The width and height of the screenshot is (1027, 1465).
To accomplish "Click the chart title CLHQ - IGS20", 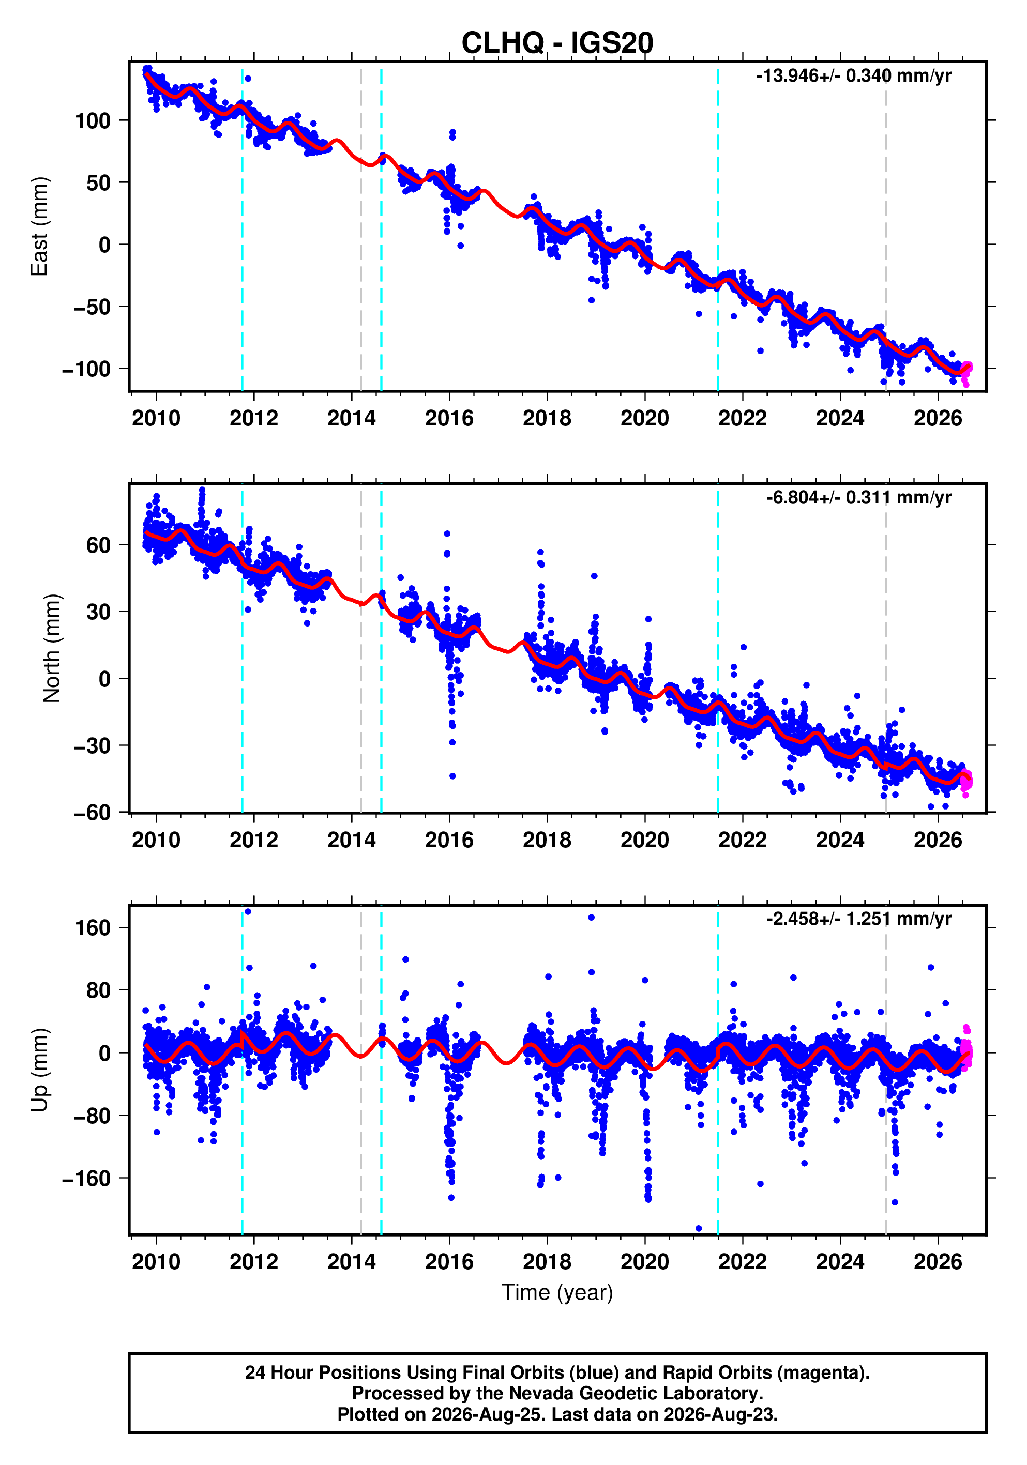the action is pos(557,43).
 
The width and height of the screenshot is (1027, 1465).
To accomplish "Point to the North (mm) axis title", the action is pos(52,648).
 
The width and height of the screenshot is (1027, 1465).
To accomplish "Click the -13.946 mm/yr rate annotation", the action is pos(853,76).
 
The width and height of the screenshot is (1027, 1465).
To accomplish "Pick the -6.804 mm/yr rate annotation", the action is pos(858,497).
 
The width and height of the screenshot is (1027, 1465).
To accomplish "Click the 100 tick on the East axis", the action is pos(93,120).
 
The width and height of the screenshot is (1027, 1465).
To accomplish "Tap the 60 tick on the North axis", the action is pos(99,545).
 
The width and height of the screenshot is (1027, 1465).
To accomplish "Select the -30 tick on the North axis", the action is pos(93,745).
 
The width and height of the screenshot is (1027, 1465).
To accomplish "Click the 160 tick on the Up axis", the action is pos(93,928).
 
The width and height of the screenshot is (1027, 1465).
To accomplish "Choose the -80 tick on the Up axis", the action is pos(93,1116).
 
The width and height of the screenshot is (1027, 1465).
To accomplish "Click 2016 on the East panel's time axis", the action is pos(449,419).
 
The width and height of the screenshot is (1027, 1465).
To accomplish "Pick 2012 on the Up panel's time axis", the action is pos(254,1261).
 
